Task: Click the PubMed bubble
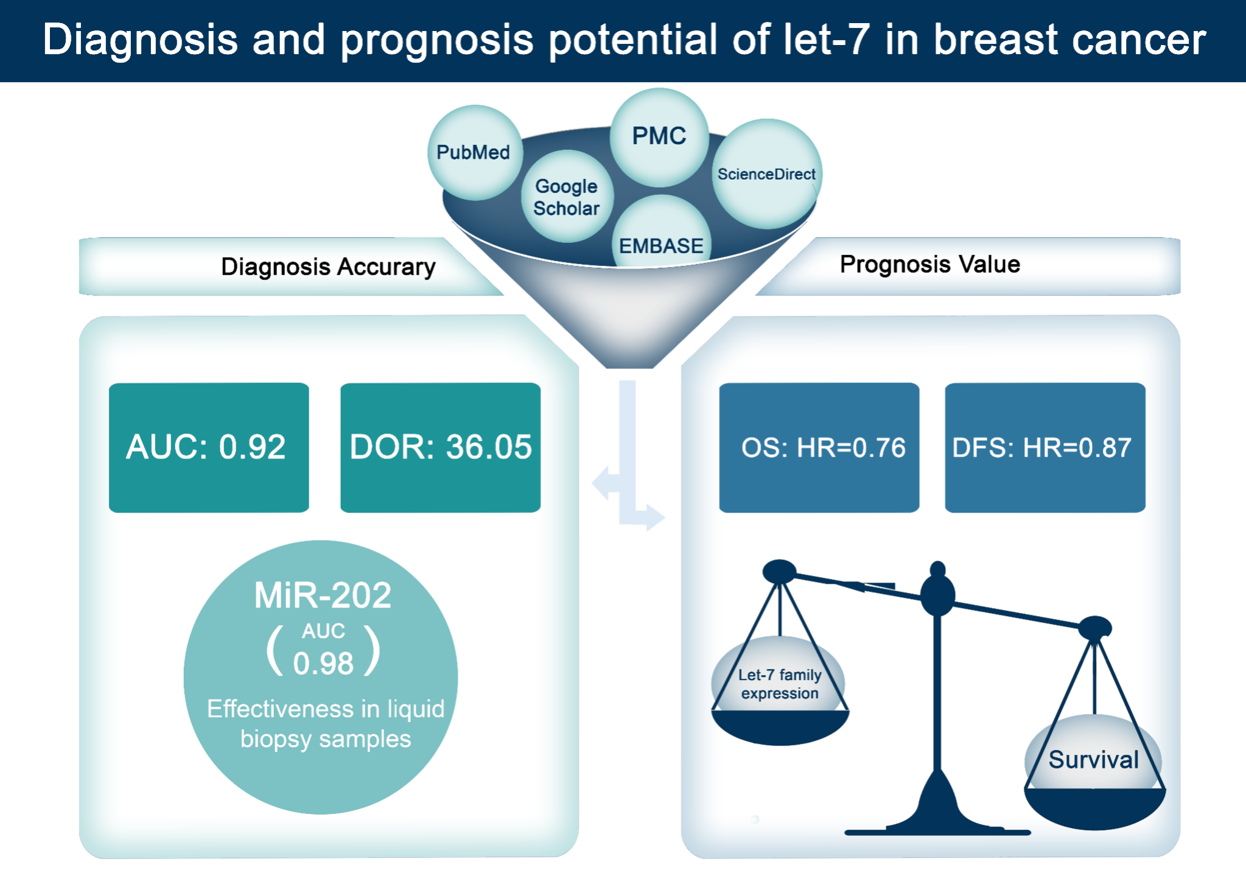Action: [x=474, y=152]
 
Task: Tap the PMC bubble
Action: [x=659, y=136]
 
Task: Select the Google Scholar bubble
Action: [x=567, y=197]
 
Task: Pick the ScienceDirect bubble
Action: [x=766, y=174]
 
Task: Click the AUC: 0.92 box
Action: [x=208, y=447]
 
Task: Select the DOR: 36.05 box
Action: [x=440, y=447]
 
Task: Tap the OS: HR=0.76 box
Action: [x=819, y=447]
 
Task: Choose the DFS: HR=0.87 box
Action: [x=1045, y=447]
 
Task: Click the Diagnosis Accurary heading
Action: [x=328, y=267]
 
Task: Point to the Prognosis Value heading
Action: [x=929, y=264]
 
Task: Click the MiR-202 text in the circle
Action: [x=323, y=595]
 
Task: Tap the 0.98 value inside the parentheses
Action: [x=323, y=663]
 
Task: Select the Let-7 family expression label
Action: [x=780, y=684]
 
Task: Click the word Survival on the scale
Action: [x=1093, y=760]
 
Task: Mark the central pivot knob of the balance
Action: [x=937, y=594]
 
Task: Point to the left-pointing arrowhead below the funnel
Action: [x=602, y=483]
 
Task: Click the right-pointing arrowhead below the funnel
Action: [x=654, y=517]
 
